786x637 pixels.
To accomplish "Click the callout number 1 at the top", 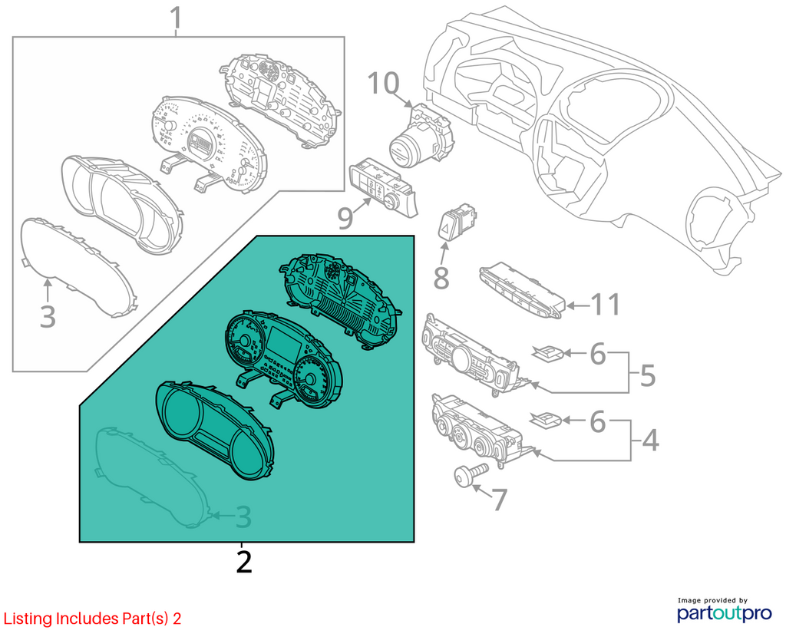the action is [x=176, y=18].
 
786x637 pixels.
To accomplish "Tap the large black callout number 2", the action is [x=243, y=563].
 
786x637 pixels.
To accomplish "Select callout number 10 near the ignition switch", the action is [x=384, y=83].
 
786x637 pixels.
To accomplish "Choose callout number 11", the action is [x=606, y=304].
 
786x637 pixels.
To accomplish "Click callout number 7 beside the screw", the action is [x=499, y=500].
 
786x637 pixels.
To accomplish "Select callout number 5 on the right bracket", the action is [x=648, y=375].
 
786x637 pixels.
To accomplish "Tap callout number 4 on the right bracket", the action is [x=650, y=441].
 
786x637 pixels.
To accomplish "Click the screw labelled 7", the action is [x=471, y=474].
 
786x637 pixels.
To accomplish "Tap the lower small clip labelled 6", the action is [x=547, y=419].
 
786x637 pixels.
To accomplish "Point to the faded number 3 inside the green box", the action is [x=243, y=517].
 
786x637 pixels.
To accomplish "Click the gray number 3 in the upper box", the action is [x=48, y=316].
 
